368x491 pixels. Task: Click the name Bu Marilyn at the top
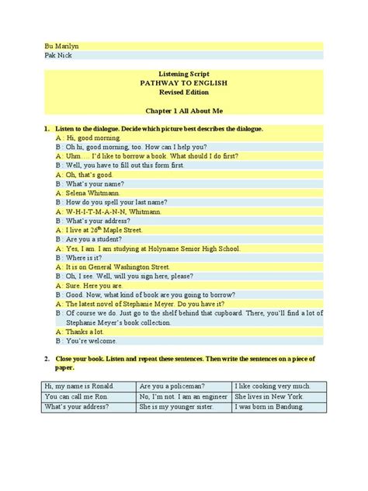63,46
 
